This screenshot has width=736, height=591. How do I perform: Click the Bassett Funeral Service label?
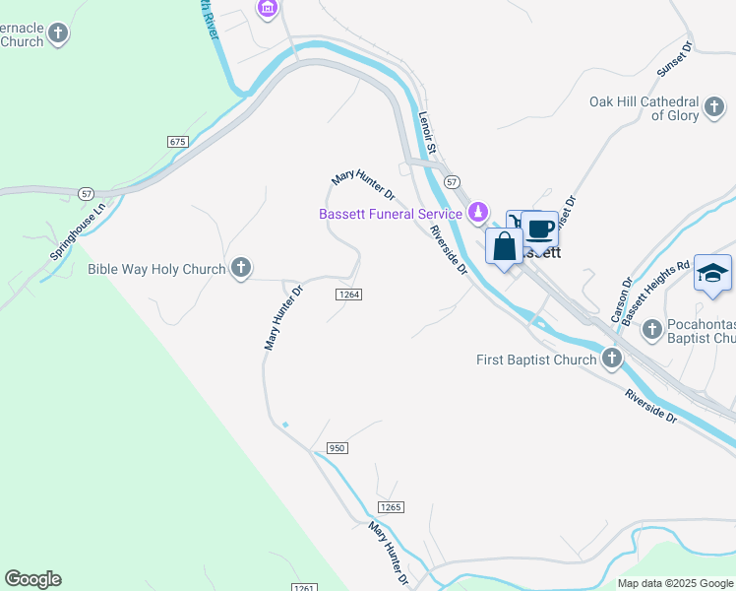point(390,214)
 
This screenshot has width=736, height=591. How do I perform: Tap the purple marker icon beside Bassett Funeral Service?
point(477,212)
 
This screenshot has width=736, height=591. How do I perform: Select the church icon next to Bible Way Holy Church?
point(240,268)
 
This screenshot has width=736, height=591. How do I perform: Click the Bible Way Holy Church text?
point(156,269)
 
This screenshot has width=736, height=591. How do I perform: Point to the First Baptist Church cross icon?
point(612,359)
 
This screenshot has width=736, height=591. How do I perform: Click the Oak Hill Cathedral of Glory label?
point(644,108)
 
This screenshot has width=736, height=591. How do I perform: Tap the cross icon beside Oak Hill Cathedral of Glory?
point(715,104)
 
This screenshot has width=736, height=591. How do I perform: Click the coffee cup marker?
point(539,229)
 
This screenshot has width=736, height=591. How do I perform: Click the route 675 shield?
point(177,142)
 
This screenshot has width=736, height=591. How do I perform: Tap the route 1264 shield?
point(348,295)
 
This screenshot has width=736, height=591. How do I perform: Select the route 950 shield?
point(337,448)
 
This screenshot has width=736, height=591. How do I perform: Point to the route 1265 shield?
point(391,506)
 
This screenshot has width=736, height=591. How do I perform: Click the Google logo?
point(32,578)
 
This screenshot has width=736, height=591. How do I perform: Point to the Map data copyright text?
point(675,583)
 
